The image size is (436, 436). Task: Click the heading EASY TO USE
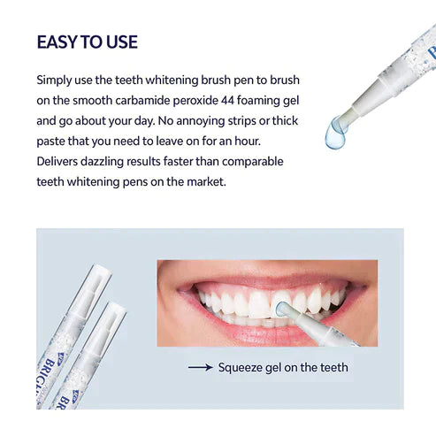(x=87, y=42)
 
